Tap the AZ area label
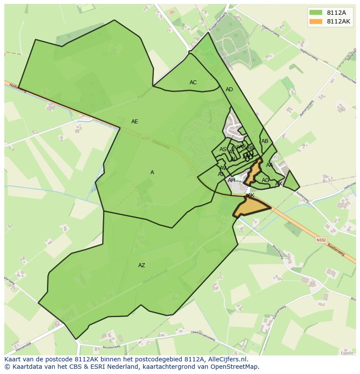tap(142, 265)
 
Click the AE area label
tap(135, 122)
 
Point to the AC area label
tap(193, 83)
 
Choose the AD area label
tap(229, 89)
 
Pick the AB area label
tap(265, 141)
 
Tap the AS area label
tap(223, 149)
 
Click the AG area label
tap(265, 180)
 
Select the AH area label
tap(231, 180)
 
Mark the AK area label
tap(250, 196)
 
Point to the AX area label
tap(279, 184)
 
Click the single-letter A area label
tap(152, 172)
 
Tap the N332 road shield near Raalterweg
tap(321, 240)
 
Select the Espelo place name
tap(347, 353)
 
